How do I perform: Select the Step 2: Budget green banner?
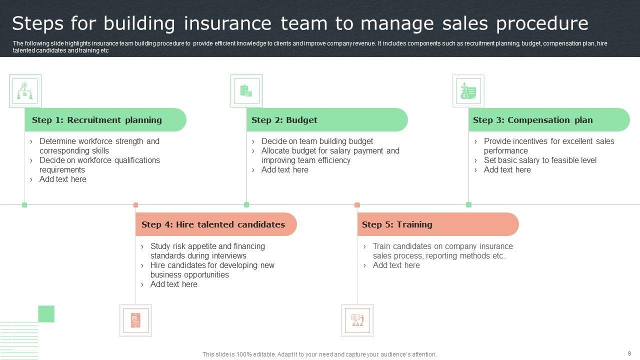[x=327, y=120]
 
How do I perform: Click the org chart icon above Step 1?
[x=25, y=91]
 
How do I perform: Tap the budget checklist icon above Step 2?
[x=246, y=91]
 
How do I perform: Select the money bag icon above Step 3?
[x=468, y=91]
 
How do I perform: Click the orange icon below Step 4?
[x=135, y=320]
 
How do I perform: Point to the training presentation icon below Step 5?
[x=357, y=320]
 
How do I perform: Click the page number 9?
[x=629, y=353]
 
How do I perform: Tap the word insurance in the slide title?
[x=227, y=23]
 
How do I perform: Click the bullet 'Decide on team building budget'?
[x=317, y=141]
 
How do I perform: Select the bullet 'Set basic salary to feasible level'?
[x=540, y=160]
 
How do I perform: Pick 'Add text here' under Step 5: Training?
[x=396, y=265]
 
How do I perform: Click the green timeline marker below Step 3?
[x=468, y=204]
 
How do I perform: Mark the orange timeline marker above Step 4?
[x=135, y=205]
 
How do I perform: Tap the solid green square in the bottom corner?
[x=46, y=314]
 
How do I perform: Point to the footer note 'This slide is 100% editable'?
[x=319, y=354]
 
